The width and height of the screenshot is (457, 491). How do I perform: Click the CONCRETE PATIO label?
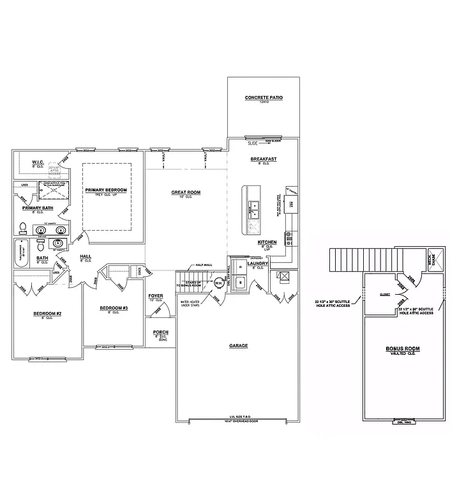(264, 98)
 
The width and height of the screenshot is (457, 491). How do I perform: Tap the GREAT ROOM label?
(186, 192)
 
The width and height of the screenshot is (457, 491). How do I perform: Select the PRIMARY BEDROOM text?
(107, 191)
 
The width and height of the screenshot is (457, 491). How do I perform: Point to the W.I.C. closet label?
(38, 162)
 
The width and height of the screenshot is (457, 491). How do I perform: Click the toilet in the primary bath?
(22, 228)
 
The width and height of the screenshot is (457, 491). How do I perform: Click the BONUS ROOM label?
(402, 349)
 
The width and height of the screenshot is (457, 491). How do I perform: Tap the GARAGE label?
(238, 346)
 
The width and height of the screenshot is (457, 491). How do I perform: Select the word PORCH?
(160, 332)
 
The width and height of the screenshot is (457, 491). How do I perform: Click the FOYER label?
(156, 296)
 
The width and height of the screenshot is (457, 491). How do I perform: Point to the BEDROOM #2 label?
(47, 313)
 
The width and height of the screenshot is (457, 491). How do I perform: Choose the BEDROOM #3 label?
(114, 308)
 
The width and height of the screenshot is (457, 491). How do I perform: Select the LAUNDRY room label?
(257, 263)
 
